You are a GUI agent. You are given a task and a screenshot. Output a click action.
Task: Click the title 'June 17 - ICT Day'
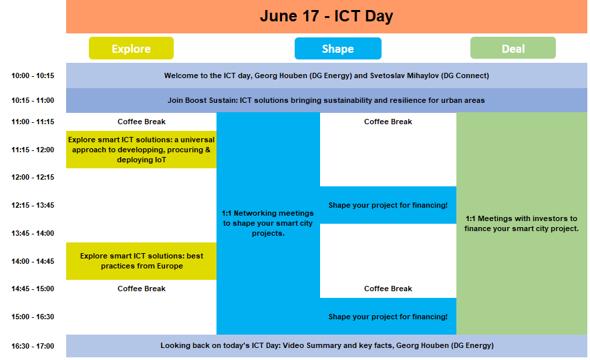(x=326, y=16)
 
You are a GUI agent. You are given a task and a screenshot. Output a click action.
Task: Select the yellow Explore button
(x=131, y=48)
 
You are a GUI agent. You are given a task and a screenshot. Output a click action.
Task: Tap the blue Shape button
(x=338, y=49)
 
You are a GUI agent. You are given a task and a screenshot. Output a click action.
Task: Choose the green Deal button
(x=513, y=48)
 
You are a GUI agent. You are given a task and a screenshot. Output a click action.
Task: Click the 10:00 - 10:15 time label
(x=33, y=75)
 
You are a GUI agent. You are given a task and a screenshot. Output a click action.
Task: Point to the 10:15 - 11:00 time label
(x=33, y=100)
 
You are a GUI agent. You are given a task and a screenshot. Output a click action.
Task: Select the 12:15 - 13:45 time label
(x=33, y=206)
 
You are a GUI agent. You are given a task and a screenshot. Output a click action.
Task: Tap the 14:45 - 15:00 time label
(x=33, y=289)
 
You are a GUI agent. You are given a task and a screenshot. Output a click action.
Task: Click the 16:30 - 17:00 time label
(x=33, y=346)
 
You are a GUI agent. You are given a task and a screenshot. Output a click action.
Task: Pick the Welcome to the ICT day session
(x=327, y=75)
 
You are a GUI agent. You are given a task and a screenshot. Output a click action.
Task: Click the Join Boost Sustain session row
(x=327, y=100)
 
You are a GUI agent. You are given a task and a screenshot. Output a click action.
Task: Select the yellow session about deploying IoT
(x=141, y=150)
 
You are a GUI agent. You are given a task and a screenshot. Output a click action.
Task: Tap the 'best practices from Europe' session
(x=141, y=261)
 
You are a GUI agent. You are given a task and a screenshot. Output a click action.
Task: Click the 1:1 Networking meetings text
(x=267, y=223)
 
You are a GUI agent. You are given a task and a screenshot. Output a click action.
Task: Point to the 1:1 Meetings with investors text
(x=521, y=224)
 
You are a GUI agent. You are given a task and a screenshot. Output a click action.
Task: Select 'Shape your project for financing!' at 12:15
(x=388, y=206)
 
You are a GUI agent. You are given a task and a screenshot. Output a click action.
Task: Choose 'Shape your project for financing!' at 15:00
(x=388, y=317)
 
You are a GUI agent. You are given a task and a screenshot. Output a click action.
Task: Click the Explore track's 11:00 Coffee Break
(x=142, y=122)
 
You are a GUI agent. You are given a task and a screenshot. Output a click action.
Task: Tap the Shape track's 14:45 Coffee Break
(x=388, y=289)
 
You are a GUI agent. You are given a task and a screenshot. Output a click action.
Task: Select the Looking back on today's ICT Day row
(x=327, y=346)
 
